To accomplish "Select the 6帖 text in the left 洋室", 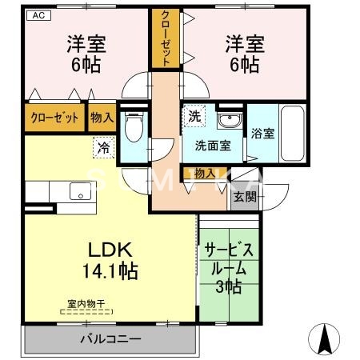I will [x=82, y=65].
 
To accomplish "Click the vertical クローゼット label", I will [x=164, y=38].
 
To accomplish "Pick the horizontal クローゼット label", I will [x=54, y=118].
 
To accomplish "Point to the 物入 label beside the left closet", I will [x=102, y=118].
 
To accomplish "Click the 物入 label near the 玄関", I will [x=204, y=173].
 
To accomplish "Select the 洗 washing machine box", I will [x=194, y=117].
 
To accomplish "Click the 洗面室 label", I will [x=214, y=146].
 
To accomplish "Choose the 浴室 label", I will [x=262, y=134].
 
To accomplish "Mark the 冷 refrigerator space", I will [x=103, y=146].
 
